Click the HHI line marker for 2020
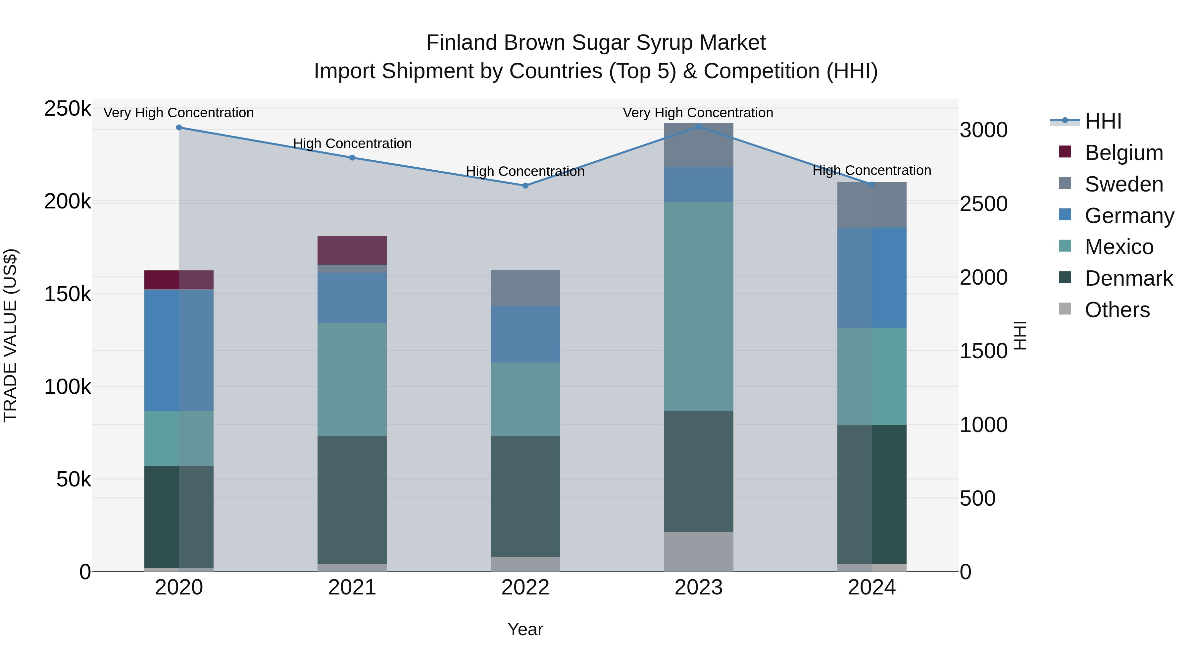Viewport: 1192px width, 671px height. point(179,127)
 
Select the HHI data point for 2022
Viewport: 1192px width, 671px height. point(525,186)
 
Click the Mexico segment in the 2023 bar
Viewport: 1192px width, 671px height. point(698,306)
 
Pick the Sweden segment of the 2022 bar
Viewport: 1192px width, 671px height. point(525,288)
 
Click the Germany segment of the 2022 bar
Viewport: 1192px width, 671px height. point(525,334)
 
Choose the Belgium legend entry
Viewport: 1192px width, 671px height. point(1123,153)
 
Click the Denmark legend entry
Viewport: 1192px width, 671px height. point(1128,278)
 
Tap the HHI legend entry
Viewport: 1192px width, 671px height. point(1103,121)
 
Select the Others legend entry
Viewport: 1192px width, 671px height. point(1117,310)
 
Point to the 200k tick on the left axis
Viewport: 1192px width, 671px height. point(68,201)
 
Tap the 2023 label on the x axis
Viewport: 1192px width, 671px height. point(698,587)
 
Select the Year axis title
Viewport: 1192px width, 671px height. point(525,629)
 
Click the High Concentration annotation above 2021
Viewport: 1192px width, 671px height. point(352,143)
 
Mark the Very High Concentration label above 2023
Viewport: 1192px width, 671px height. point(698,113)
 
